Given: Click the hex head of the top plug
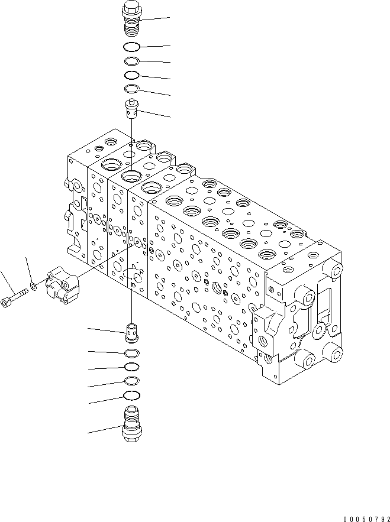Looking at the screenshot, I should (x=130, y=11).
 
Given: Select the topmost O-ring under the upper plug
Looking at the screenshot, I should (x=132, y=47).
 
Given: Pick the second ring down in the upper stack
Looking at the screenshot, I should (x=132, y=61).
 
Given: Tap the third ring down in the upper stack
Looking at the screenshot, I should (x=132, y=75).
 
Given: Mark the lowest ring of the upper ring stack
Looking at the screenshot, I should (x=132, y=89).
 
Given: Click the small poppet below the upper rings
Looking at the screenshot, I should (x=131, y=109).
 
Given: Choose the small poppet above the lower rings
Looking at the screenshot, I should (x=132, y=331).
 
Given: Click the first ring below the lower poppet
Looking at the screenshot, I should (x=133, y=353).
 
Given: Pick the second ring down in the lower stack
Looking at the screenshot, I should (x=133, y=367).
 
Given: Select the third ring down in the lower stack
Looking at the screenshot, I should (x=133, y=381).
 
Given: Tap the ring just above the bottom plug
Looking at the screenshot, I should (x=133, y=395).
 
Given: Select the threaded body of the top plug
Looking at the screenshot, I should (x=130, y=28).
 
